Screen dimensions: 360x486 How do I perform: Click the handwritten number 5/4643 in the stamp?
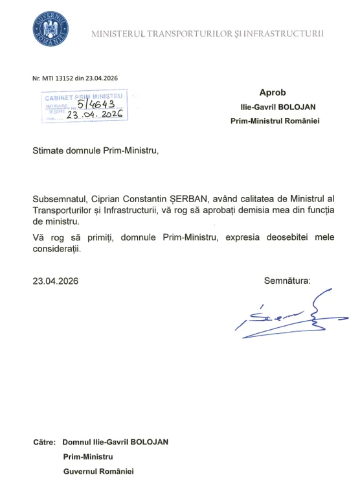point(96,104)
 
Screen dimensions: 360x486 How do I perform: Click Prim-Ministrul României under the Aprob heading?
point(275,120)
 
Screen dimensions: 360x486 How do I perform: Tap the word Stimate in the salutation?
point(51,151)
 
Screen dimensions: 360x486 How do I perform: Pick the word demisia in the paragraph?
point(249,211)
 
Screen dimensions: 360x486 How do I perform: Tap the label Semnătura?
point(287,281)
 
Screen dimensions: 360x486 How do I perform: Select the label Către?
point(45,442)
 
